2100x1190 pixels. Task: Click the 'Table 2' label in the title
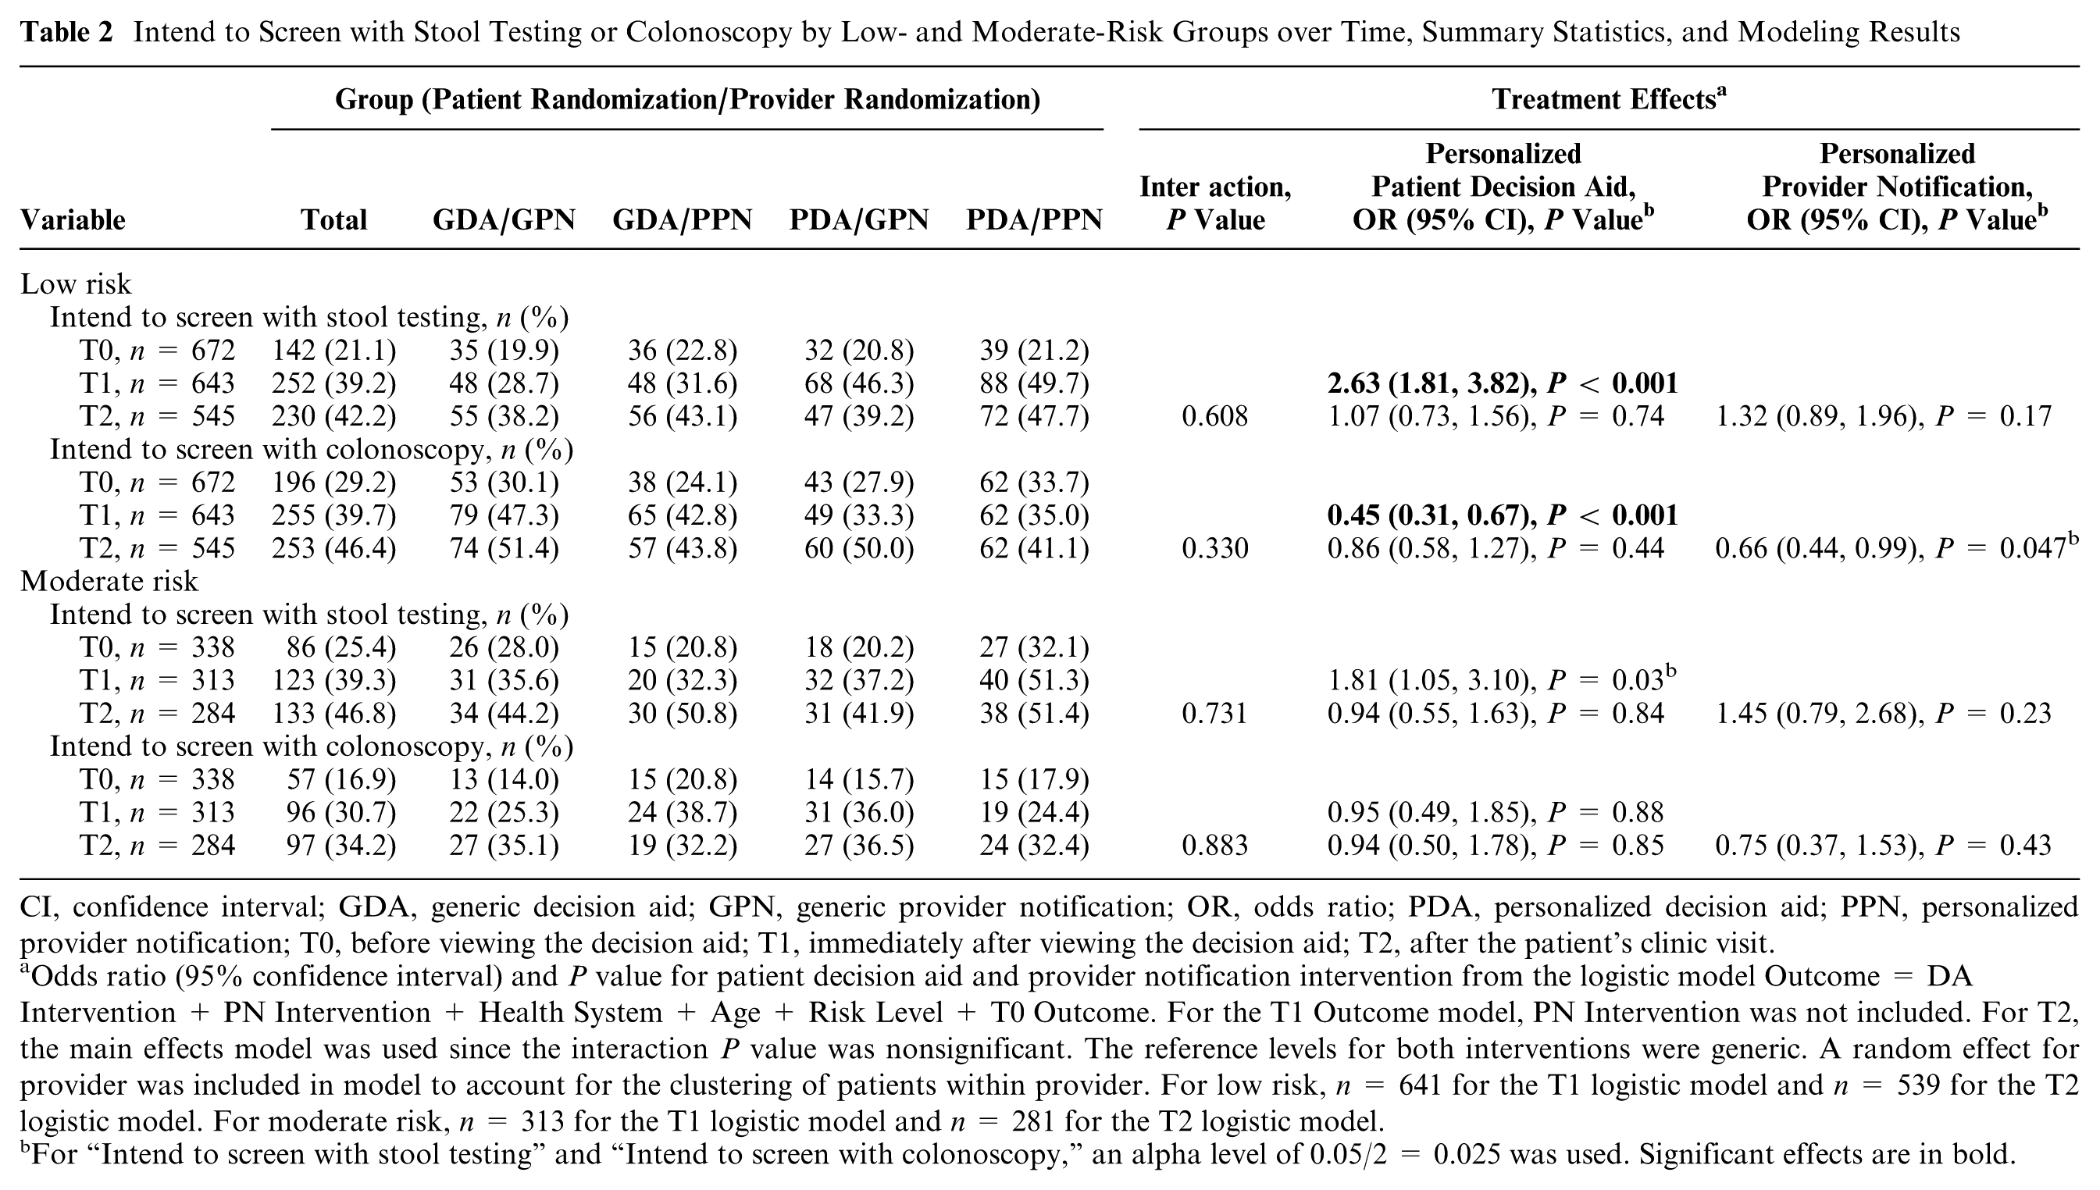pos(66,32)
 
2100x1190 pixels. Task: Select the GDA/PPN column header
pos(682,220)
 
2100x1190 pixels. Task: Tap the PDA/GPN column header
pos(859,220)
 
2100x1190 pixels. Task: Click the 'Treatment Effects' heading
pos(1609,99)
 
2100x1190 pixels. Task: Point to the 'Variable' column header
pos(73,220)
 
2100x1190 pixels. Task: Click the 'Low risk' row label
pos(75,283)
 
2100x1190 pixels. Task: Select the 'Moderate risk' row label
pos(109,581)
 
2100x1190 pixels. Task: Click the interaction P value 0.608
pos(1214,416)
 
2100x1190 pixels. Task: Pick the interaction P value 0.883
pos(1214,845)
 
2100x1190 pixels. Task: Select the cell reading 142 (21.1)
pos(333,351)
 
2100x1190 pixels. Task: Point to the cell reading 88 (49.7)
pos(1034,383)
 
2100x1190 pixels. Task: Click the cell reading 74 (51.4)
pos(504,548)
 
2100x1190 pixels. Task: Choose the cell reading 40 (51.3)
pos(1034,680)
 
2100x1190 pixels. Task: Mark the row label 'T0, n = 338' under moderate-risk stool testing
pos(157,647)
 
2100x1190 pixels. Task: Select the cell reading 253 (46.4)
pos(333,548)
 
